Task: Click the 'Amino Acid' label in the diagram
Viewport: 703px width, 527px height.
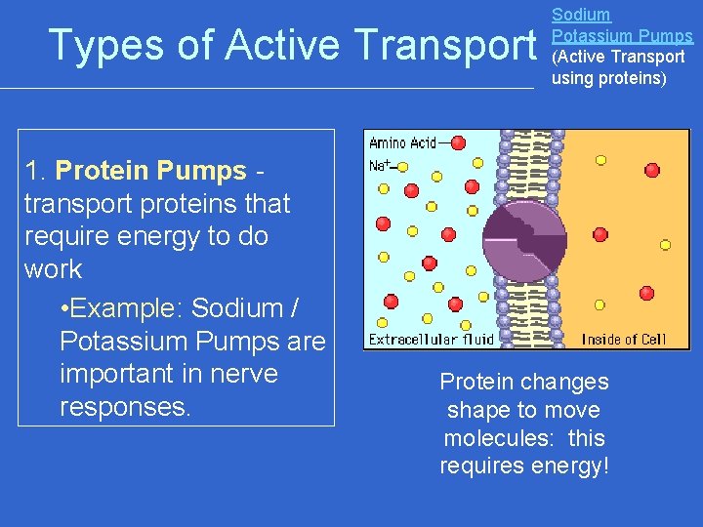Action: tap(402, 142)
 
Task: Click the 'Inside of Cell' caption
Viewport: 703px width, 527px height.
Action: tap(624, 340)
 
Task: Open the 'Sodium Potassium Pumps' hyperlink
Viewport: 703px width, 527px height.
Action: tap(622, 26)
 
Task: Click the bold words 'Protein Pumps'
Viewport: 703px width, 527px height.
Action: tap(151, 171)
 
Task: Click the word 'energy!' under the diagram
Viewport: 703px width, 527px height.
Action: tap(567, 466)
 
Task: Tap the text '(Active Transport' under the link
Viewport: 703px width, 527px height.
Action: tap(618, 57)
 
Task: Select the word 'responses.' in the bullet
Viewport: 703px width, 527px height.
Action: tap(125, 407)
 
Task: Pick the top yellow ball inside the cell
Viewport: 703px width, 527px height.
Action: tap(600, 159)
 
